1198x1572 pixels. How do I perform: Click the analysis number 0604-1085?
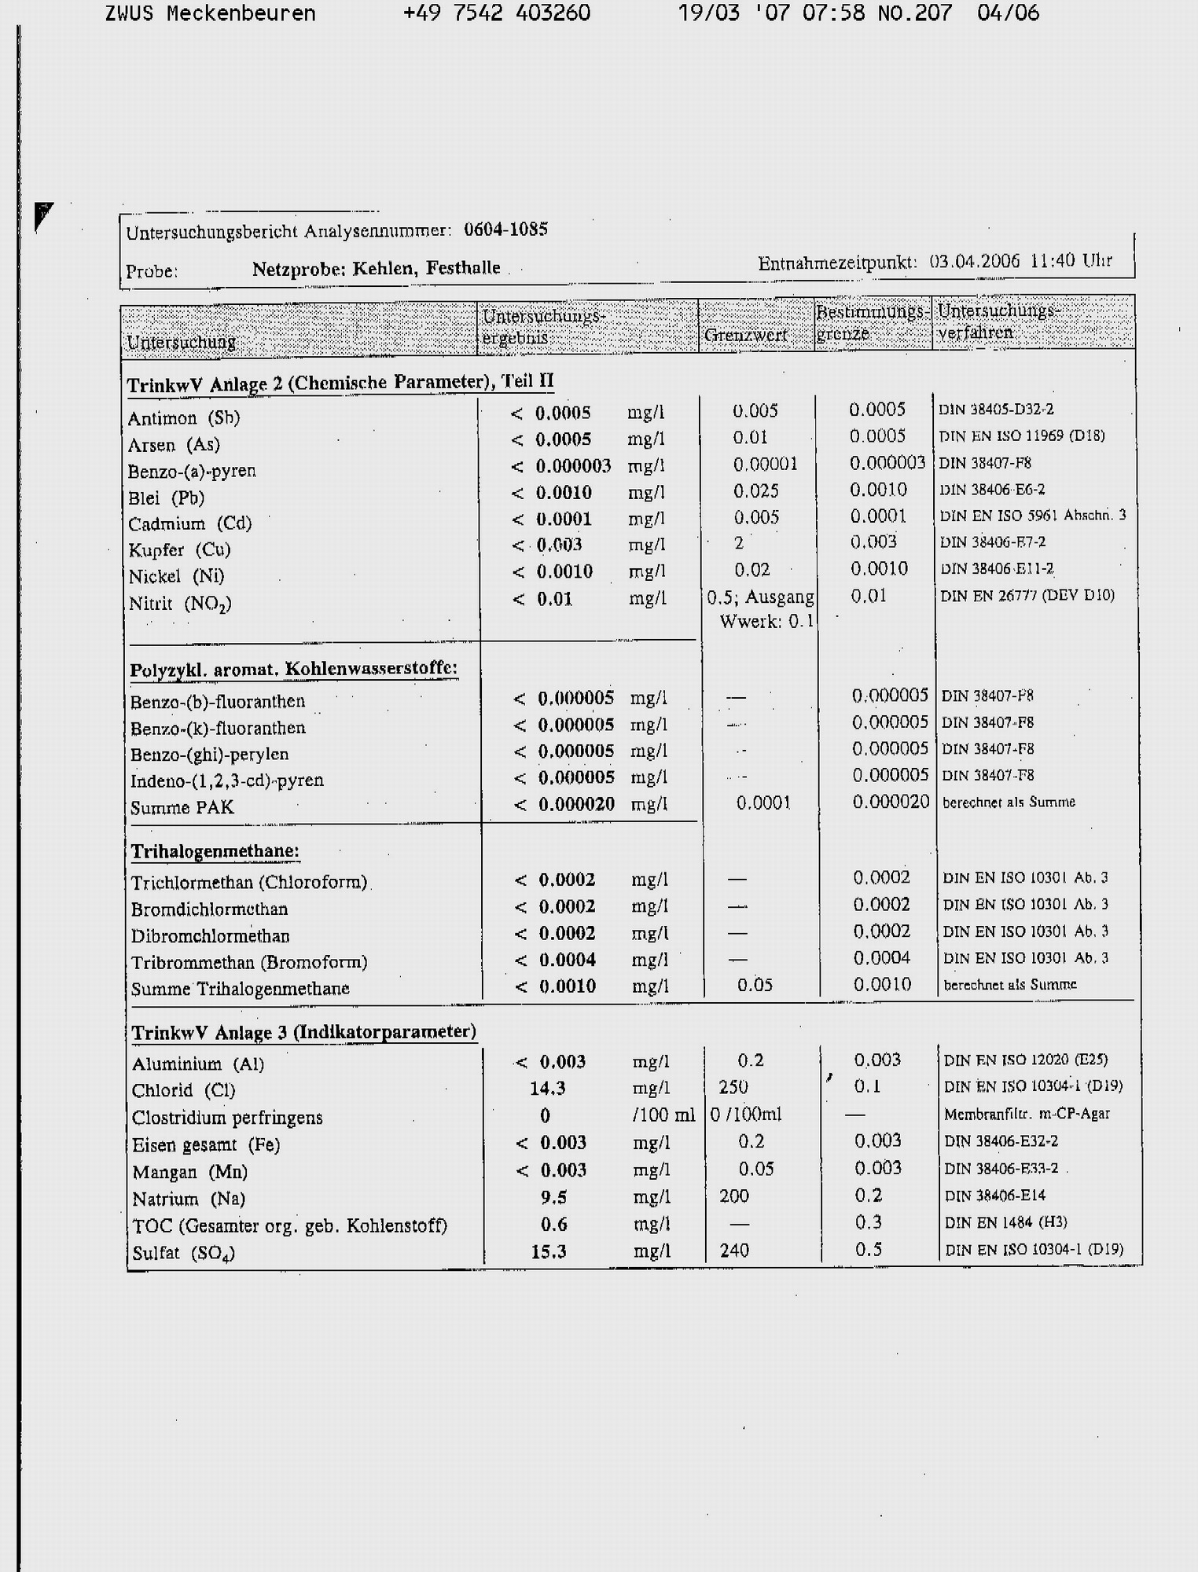click(505, 230)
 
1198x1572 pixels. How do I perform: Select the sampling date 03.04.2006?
click(974, 261)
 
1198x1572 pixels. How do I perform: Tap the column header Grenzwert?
click(745, 336)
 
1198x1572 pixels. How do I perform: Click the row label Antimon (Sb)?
click(184, 417)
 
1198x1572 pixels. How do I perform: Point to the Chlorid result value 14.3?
click(548, 1088)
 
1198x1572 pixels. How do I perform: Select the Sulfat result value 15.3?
click(548, 1251)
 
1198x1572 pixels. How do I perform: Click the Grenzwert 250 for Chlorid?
click(733, 1086)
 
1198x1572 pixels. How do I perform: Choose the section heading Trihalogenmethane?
click(215, 851)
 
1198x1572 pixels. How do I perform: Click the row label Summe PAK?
click(182, 807)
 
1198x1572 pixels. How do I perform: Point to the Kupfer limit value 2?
click(739, 543)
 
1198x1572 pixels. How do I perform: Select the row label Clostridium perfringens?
click(227, 1117)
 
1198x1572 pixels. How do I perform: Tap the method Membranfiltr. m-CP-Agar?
click(1027, 1114)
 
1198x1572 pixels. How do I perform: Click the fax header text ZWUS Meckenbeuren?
click(210, 13)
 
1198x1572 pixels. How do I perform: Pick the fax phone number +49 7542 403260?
click(496, 13)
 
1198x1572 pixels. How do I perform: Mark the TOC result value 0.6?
click(553, 1224)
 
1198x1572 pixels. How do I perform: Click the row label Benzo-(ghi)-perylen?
click(209, 754)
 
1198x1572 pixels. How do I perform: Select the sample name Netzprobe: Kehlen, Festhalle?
click(376, 269)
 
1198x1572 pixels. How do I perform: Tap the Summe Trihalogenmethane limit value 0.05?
click(755, 985)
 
